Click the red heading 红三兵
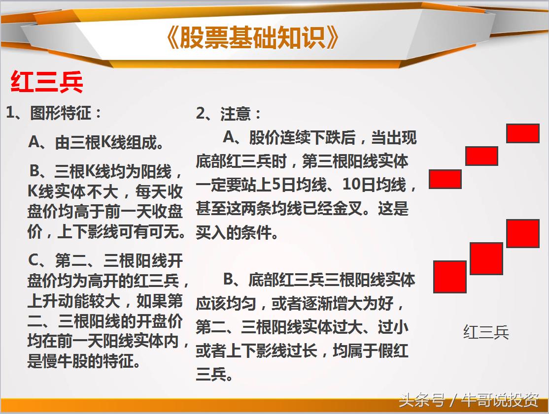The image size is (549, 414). tap(47, 83)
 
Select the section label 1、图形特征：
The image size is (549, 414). tap(54, 113)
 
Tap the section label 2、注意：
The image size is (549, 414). tap(229, 114)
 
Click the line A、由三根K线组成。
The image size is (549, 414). tap(97, 143)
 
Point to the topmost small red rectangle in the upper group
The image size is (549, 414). tap(522, 133)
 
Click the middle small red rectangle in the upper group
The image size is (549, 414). tap(481, 156)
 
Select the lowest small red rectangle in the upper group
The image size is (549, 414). tap(445, 179)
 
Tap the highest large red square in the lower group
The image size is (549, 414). tap(522, 234)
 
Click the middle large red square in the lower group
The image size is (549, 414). tap(486, 258)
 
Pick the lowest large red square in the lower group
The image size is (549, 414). tap(449, 277)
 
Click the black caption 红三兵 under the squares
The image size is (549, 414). tap(486, 332)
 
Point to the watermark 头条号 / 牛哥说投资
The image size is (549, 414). tap(468, 401)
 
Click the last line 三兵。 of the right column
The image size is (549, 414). tap(214, 375)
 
